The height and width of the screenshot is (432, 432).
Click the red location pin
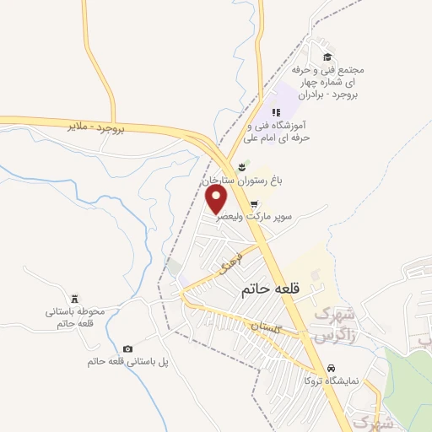pos(217,199)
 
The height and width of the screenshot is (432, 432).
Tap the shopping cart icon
pos(255,203)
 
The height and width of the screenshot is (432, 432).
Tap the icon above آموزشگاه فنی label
pos(276,112)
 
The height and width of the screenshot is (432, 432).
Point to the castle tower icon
pos(74,300)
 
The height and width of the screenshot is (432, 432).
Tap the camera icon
pos(127,349)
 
